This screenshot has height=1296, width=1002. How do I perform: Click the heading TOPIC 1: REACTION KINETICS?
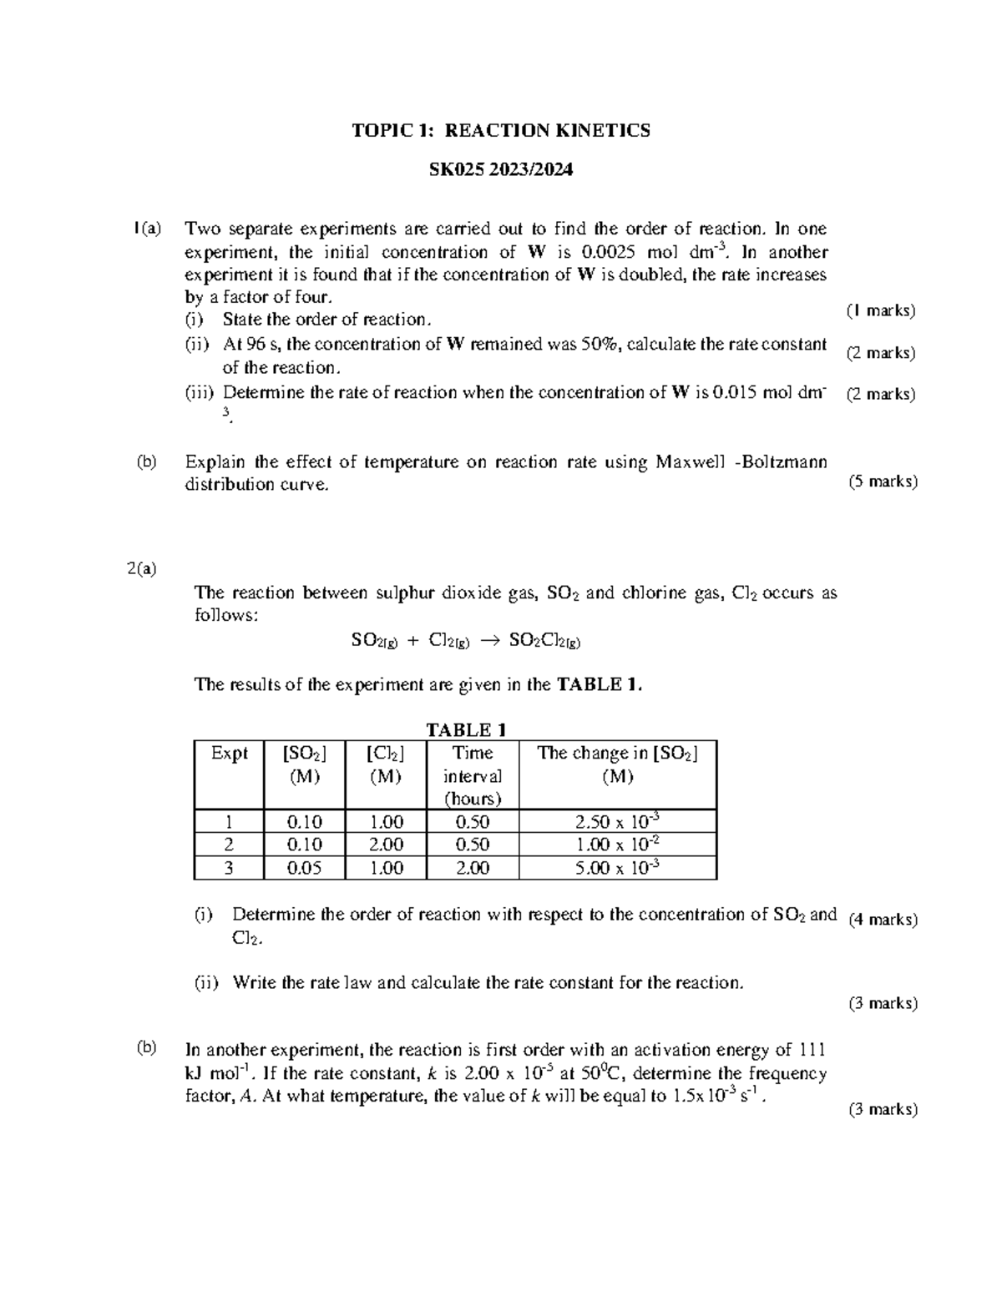click(500, 130)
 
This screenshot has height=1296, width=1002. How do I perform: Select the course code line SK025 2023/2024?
click(500, 170)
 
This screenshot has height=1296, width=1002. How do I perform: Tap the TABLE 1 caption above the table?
click(466, 729)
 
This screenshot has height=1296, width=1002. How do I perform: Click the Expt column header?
click(229, 754)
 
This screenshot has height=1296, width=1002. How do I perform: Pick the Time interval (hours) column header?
click(472, 775)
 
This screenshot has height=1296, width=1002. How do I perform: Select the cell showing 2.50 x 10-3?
click(617, 821)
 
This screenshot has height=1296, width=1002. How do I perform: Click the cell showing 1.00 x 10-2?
click(617, 845)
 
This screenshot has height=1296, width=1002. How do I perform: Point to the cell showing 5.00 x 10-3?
click(617, 868)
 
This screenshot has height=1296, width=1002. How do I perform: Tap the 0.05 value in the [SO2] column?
click(304, 868)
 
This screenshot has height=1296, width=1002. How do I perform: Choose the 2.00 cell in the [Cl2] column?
click(386, 845)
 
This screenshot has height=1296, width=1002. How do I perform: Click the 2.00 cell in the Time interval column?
click(472, 868)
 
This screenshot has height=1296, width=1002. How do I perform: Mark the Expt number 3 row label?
click(229, 868)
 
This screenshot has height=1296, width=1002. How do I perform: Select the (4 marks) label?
click(883, 920)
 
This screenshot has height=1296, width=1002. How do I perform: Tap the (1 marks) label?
click(881, 311)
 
